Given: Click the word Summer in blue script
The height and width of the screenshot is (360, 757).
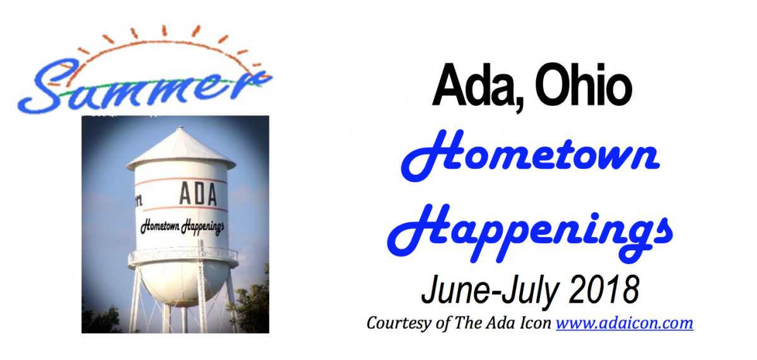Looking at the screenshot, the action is (145, 87).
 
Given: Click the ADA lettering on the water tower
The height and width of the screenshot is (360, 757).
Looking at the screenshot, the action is (197, 194).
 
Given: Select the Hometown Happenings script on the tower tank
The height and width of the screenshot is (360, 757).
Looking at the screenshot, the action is (182, 227).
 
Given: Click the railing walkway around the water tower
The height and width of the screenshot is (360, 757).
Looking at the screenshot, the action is (183, 257).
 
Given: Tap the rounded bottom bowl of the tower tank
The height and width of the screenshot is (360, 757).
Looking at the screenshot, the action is (182, 284).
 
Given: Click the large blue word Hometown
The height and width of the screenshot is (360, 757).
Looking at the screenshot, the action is (531, 155).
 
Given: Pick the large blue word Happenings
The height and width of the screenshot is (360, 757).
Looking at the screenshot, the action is (530, 233).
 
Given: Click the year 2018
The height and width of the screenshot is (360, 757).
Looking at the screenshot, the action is (604, 290).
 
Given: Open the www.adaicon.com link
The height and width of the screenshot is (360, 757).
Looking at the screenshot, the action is (625, 323).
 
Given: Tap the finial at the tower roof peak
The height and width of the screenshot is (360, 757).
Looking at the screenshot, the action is (180, 127).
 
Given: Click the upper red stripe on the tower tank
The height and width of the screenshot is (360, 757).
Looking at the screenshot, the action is (181, 180).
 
